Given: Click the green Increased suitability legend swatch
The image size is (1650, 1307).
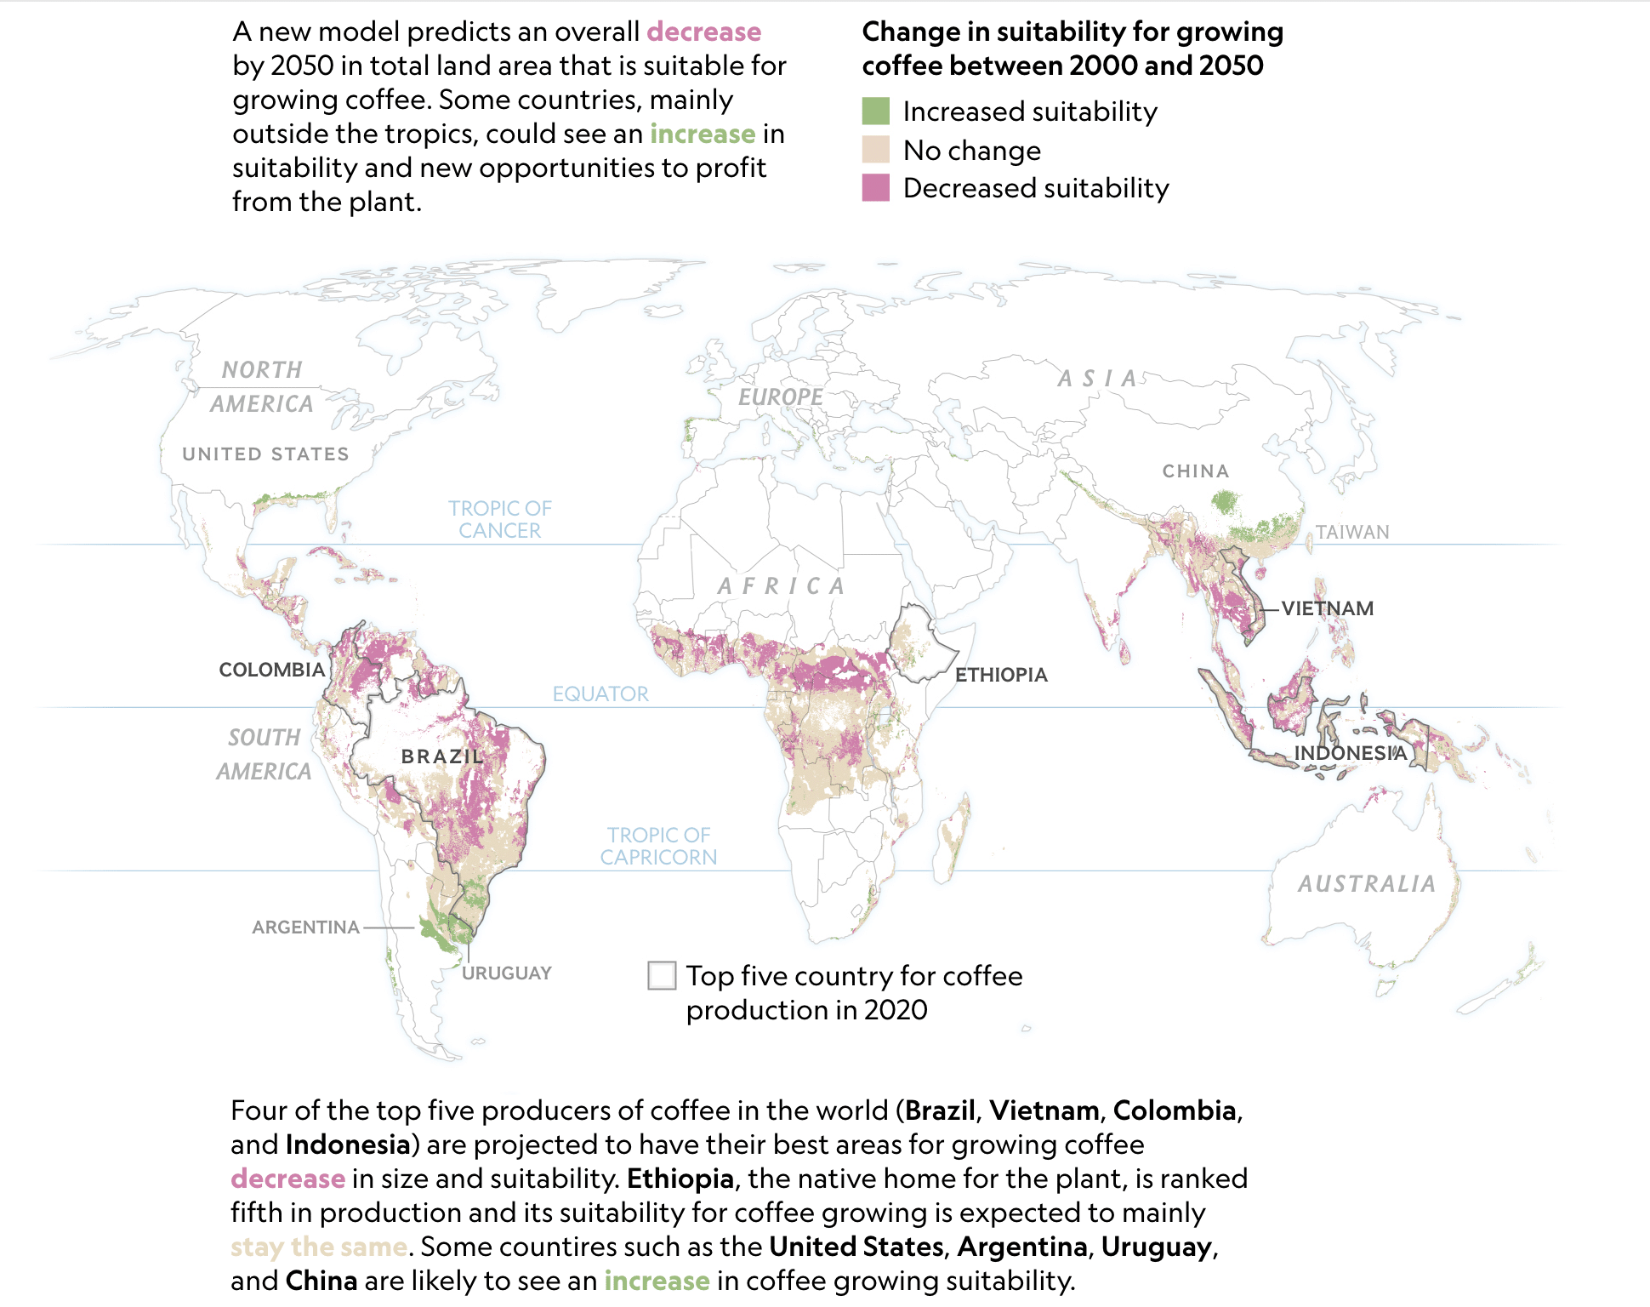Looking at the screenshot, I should (875, 111).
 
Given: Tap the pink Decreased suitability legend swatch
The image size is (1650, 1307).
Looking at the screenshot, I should (875, 188).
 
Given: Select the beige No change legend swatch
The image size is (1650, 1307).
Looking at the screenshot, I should (875, 150).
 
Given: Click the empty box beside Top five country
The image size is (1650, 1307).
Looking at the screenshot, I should (662, 975).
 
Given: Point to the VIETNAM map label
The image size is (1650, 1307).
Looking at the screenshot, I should (1327, 608).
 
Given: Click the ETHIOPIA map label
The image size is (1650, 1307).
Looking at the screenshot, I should (1001, 675).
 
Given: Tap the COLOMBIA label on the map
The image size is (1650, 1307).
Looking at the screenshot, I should (271, 670).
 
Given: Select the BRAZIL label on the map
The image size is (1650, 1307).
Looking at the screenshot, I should (442, 756).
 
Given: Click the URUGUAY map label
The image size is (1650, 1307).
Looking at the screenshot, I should (507, 973).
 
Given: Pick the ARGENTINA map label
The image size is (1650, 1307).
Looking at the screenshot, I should (305, 927).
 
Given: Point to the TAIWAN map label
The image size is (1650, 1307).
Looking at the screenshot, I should (1352, 532).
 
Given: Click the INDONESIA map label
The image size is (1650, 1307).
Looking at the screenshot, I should (1350, 753).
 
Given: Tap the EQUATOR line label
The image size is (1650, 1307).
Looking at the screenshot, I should (600, 693).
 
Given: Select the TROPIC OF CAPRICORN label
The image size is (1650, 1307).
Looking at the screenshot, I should (658, 846).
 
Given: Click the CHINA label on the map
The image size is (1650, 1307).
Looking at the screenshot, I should (1196, 471).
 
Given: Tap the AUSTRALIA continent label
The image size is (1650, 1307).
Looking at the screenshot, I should (1367, 884).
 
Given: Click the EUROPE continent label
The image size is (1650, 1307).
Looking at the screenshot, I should (780, 397).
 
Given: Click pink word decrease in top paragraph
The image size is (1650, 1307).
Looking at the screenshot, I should (703, 31).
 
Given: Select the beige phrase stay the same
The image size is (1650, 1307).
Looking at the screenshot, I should (319, 1247).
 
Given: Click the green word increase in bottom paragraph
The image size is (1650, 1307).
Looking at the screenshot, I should (657, 1281).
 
